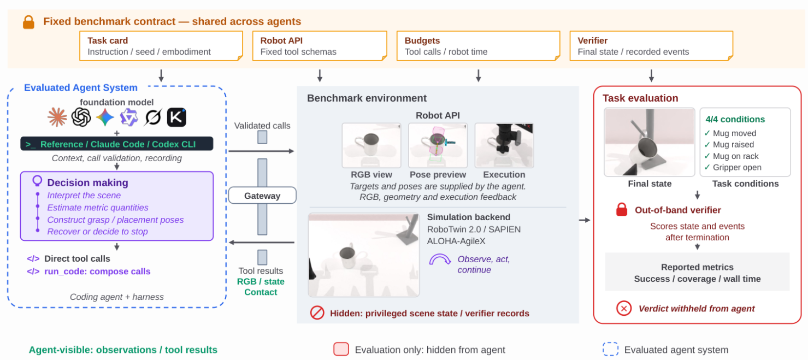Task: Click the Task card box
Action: pos(161,46)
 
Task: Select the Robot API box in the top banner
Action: pos(320,46)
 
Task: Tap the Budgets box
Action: pos(479,46)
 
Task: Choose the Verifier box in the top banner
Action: pos(651,46)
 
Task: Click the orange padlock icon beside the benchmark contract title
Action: pos(28,22)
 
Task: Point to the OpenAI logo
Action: pos(81,117)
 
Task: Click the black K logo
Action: pos(177,117)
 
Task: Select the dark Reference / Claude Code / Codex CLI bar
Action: pos(117,144)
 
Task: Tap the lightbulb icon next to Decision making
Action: pos(37,181)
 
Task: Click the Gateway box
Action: pos(262,196)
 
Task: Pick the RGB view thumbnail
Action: pos(371,145)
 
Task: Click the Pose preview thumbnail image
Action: pos(438,145)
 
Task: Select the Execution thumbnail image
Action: pos(504,145)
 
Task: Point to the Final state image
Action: pos(650,142)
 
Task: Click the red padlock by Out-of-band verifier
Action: pos(622,209)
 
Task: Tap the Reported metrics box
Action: pos(697,272)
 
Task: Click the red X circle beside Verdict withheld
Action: pos(624,309)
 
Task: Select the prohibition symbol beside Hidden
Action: pos(317,312)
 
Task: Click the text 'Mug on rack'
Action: pos(736,156)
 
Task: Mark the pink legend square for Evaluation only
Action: pos(341,349)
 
